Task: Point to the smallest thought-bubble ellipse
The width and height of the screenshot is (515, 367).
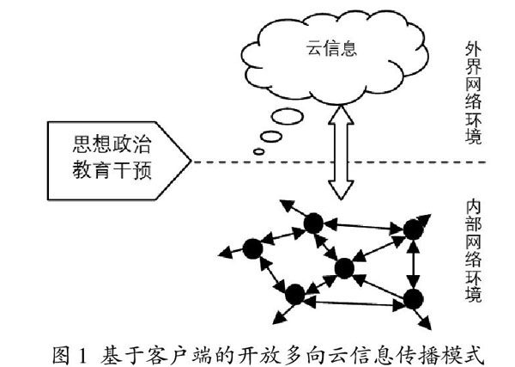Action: (259, 153)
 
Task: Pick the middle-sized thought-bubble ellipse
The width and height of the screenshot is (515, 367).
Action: (271, 138)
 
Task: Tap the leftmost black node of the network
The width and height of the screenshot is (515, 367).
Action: (252, 248)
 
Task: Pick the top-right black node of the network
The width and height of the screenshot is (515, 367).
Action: (415, 229)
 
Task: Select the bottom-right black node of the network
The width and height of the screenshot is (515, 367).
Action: (414, 298)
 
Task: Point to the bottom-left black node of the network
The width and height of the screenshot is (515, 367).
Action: (295, 295)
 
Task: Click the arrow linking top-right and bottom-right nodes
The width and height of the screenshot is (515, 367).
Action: (415, 264)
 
